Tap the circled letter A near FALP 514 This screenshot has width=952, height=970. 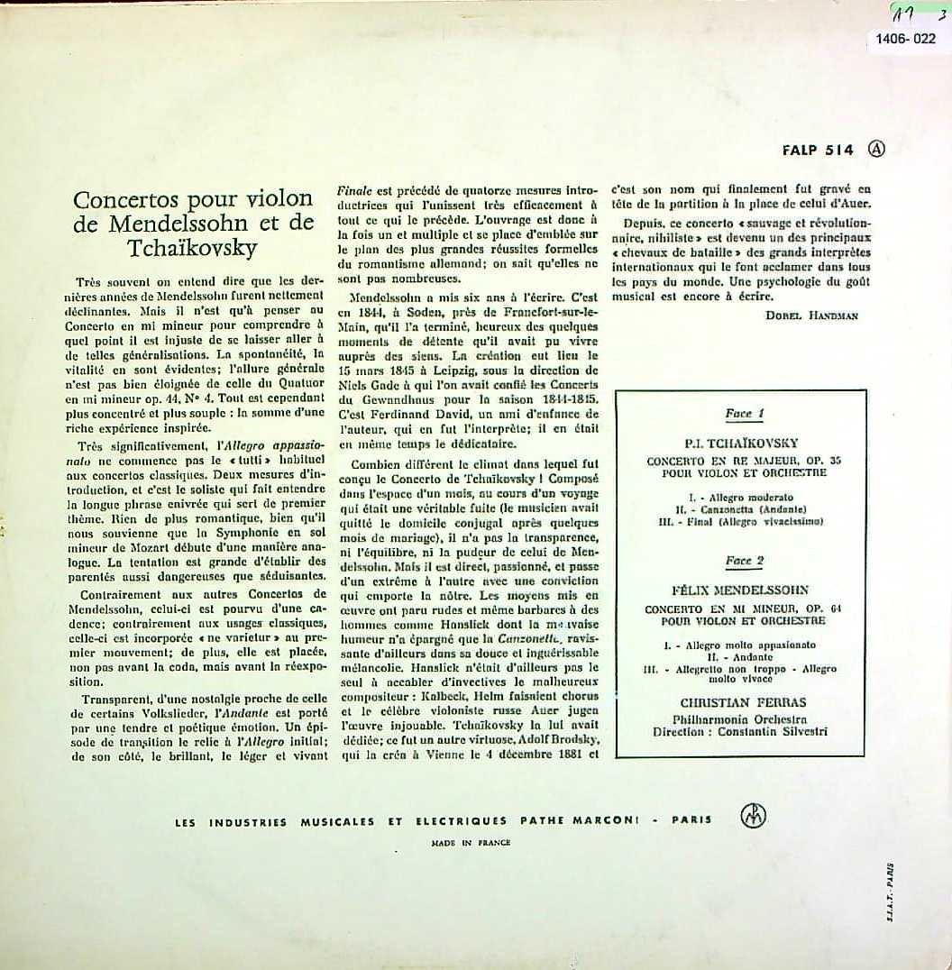pyautogui.click(x=875, y=151)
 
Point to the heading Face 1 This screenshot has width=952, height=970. pyautogui.click(x=745, y=414)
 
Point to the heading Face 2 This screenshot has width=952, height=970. pyautogui.click(x=745, y=561)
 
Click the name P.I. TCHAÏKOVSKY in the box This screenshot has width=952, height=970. pyautogui.click(x=744, y=443)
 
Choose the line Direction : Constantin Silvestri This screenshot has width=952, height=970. pyautogui.click(x=739, y=732)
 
